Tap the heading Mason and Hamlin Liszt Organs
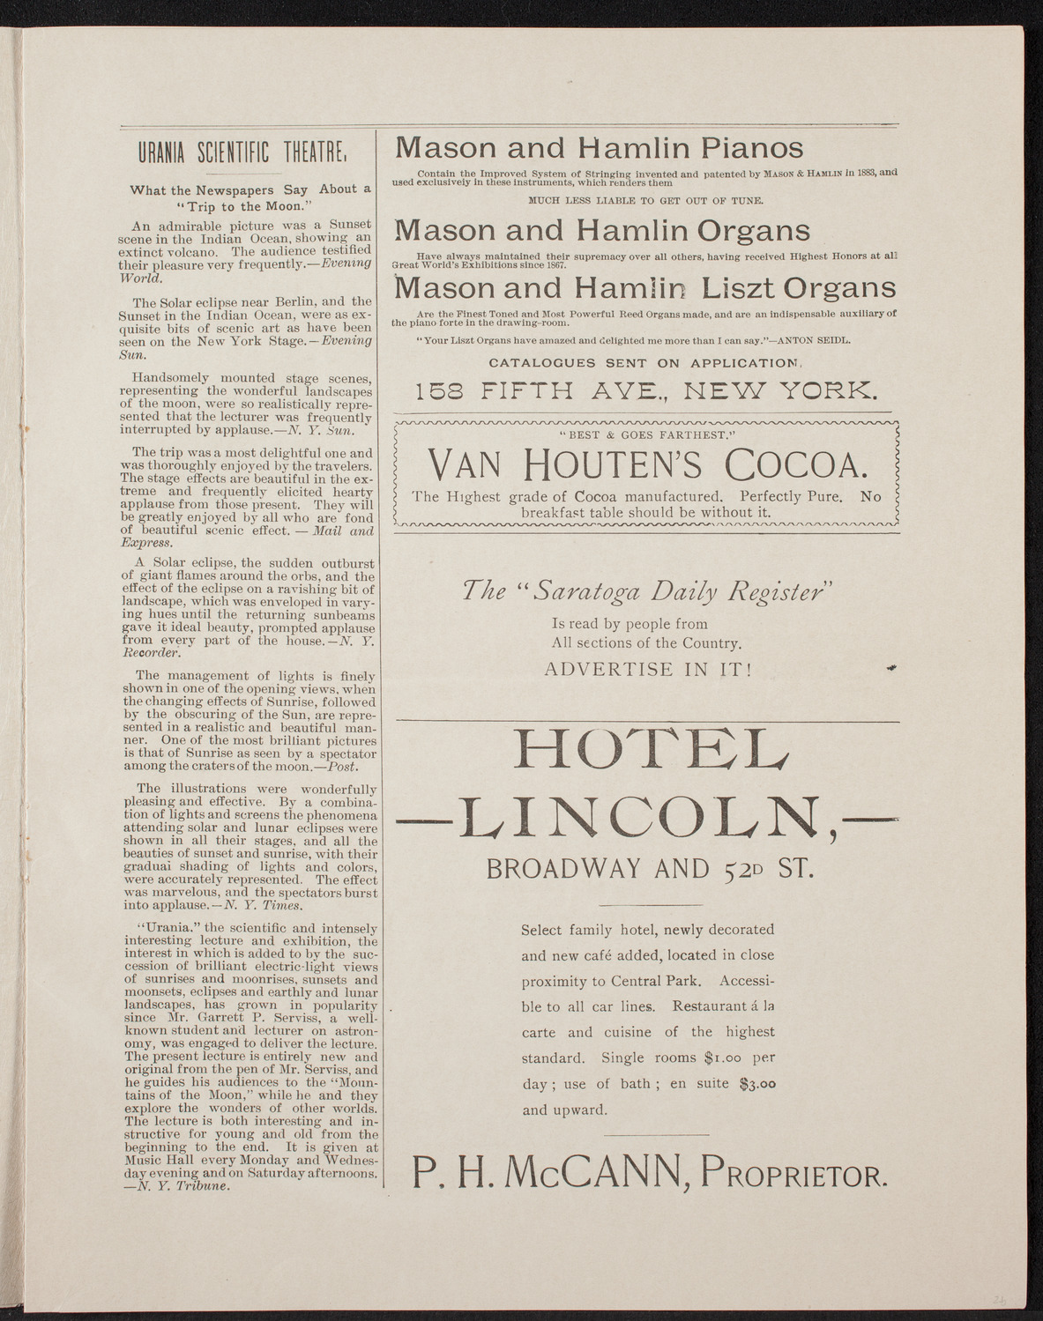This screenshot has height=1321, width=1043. pyautogui.click(x=644, y=288)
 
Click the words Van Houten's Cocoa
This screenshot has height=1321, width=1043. pyautogui.click(x=646, y=464)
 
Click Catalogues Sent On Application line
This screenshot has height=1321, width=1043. pyautogui.click(x=646, y=362)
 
